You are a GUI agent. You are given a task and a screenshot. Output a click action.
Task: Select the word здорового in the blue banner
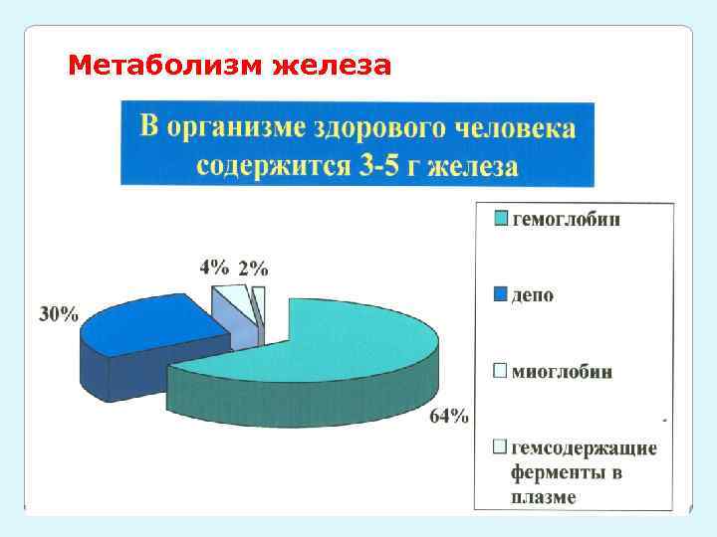pyautogui.click(x=381, y=128)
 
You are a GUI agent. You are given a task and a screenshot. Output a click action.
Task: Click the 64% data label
pyautogui.click(x=448, y=417)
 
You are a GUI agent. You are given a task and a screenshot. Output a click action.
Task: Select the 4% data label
pyautogui.click(x=214, y=267)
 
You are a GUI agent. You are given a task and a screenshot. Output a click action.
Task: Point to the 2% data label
pyautogui.click(x=252, y=268)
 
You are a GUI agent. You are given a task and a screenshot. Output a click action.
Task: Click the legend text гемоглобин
pyautogui.click(x=566, y=219)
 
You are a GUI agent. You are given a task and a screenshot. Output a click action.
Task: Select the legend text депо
pyautogui.click(x=534, y=295)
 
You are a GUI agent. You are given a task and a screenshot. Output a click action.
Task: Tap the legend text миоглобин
pyautogui.click(x=563, y=372)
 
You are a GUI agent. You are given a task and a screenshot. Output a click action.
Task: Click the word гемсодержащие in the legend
pyautogui.click(x=584, y=448)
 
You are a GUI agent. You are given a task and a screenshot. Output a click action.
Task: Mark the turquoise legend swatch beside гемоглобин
pyautogui.click(x=501, y=218)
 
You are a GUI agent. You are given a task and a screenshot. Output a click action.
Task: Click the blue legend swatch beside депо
pyautogui.click(x=501, y=294)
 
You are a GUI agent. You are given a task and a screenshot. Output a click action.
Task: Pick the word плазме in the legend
pyautogui.click(x=543, y=496)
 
